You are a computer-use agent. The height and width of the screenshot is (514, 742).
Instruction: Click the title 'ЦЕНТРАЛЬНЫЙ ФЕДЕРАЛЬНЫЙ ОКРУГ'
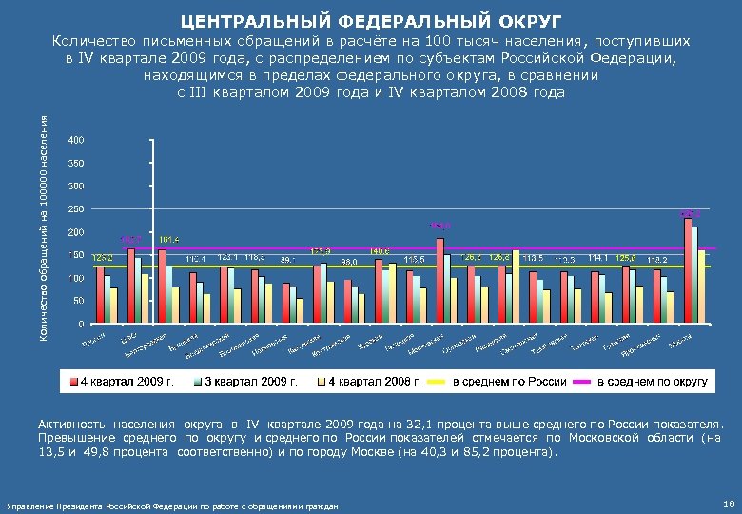tap(370, 19)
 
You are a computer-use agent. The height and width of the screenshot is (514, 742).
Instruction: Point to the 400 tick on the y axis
tap(76, 140)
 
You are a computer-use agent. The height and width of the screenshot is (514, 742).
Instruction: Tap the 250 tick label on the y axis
tap(76, 209)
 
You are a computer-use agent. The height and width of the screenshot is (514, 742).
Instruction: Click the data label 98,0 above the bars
tap(349, 262)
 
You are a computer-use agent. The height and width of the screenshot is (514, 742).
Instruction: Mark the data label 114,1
tap(597, 257)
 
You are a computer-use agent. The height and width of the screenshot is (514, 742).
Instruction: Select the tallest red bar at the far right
tap(688, 270)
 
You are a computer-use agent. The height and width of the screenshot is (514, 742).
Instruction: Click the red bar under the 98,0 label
tap(347, 301)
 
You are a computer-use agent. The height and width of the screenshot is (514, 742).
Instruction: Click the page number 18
tap(727, 502)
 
